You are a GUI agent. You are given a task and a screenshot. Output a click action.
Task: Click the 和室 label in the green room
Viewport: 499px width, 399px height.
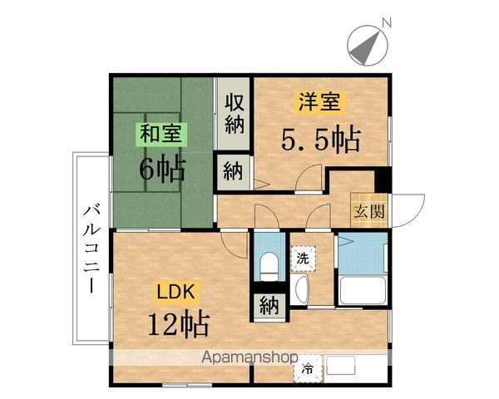pyautogui.click(x=163, y=133)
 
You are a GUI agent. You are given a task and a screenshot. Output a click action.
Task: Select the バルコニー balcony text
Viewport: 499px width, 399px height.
pyautogui.click(x=91, y=249)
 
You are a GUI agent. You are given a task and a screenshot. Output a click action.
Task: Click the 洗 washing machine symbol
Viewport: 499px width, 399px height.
pyautogui.click(x=303, y=258)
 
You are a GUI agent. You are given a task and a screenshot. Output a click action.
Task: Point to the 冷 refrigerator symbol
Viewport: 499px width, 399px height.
pyautogui.click(x=309, y=368)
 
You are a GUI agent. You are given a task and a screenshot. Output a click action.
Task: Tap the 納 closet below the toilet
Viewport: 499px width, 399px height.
pyautogui.click(x=269, y=305)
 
